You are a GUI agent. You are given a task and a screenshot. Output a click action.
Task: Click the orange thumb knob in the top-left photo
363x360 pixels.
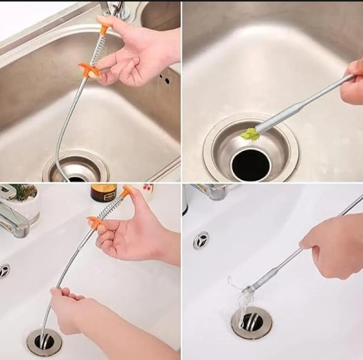click(x=105, y=29)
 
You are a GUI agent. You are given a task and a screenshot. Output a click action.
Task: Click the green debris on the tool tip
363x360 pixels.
click(x=249, y=134)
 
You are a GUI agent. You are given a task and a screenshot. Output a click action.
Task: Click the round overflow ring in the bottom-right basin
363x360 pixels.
click(x=201, y=240)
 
